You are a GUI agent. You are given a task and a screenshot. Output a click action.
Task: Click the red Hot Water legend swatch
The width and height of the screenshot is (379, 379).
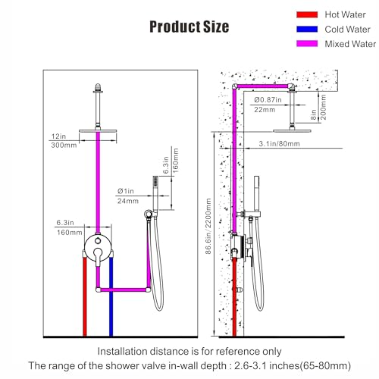tap(307, 14)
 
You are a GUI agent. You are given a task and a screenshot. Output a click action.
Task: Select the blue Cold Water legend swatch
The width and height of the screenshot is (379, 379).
tap(307, 30)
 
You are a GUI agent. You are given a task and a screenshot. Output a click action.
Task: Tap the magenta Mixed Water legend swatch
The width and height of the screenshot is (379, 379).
tap(307, 44)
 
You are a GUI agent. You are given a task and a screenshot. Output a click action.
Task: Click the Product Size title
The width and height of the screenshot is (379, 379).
tap(189, 27)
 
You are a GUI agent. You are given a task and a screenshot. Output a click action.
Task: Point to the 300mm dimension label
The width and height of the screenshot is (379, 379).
tap(64, 146)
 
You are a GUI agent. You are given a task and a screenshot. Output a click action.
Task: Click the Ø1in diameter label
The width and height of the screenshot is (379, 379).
tap(126, 191)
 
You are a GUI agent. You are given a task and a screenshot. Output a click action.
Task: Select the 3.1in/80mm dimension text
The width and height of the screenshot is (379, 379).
tap(279, 144)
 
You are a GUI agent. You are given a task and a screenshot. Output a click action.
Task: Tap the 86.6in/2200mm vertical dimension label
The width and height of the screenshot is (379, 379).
tap(208, 226)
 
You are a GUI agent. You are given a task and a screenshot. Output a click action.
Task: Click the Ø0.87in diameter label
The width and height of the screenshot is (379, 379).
tap(268, 100)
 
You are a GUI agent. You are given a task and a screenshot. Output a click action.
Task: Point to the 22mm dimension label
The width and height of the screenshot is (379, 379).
tap(265, 110)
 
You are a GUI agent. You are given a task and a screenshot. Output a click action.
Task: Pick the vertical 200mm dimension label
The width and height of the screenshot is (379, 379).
tap(323, 107)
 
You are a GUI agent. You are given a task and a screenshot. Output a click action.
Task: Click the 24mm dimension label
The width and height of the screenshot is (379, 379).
tap(128, 201)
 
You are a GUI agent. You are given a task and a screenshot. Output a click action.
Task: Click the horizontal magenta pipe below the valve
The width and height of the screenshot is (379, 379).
tap(124, 290)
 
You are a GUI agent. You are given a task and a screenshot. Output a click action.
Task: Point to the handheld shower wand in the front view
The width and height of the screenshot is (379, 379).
tap(155, 193)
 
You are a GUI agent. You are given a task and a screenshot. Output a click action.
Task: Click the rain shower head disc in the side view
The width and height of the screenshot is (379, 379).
tap(292, 131)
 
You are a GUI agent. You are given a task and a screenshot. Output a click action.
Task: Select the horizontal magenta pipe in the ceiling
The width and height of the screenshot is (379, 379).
tap(263, 86)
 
